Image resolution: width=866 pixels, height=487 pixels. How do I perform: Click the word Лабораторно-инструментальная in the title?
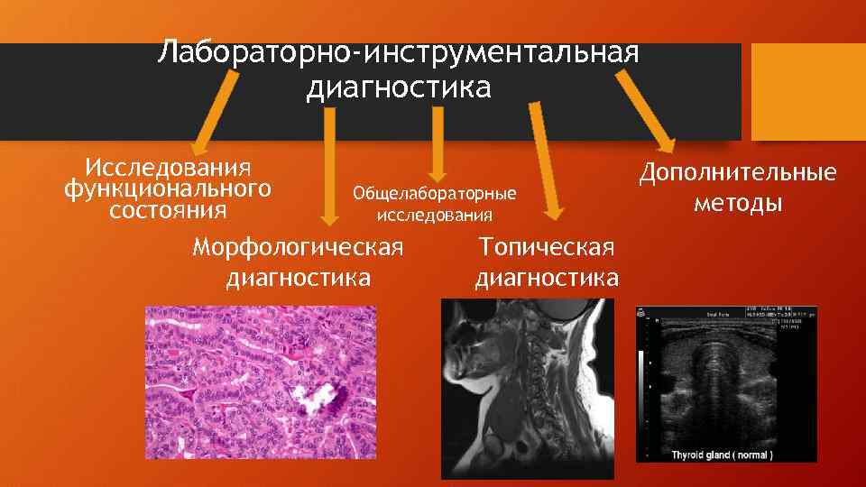[x=398, y=52]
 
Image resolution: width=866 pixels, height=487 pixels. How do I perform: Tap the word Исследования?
[x=167, y=168]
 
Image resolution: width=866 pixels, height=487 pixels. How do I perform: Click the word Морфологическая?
[x=299, y=247]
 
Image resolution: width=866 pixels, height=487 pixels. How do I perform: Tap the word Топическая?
[x=547, y=247]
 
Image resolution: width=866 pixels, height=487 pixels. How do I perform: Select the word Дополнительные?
[x=738, y=173]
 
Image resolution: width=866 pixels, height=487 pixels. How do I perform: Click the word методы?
[x=738, y=203]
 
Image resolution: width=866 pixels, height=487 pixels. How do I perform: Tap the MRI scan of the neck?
[x=527, y=388]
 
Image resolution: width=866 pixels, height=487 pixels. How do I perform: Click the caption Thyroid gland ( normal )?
[x=722, y=454]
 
